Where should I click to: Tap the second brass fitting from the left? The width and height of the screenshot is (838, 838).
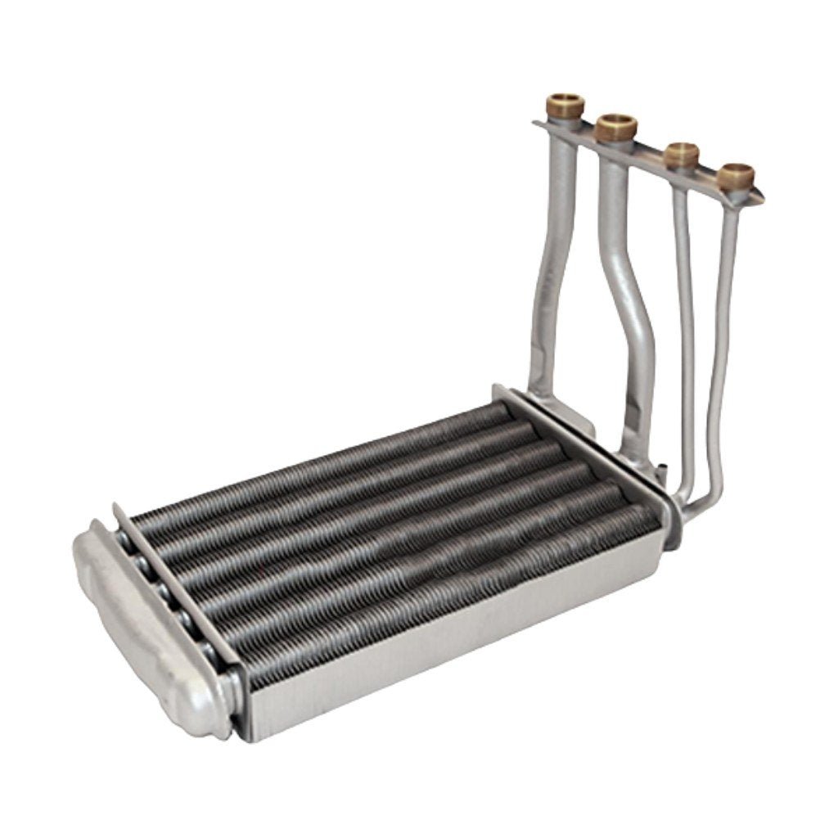616,128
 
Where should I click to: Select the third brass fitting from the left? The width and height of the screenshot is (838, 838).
681,154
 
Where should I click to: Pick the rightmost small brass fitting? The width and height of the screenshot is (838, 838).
736,175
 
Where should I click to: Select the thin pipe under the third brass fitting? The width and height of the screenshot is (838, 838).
686,327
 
